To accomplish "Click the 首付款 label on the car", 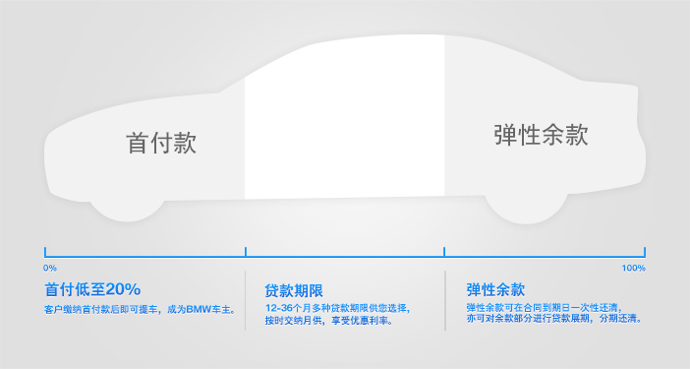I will click(x=162, y=144).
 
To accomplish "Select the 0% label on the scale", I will click(x=50, y=268).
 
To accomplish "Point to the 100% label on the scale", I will click(x=633, y=268).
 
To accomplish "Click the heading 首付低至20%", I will click(x=92, y=289).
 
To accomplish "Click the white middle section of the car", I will click(x=344, y=118).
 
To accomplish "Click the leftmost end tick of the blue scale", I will click(x=45, y=252).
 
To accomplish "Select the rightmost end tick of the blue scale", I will click(x=645, y=252).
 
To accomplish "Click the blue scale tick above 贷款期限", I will click(x=246, y=252).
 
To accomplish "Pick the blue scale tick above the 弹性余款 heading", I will click(x=445, y=252).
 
